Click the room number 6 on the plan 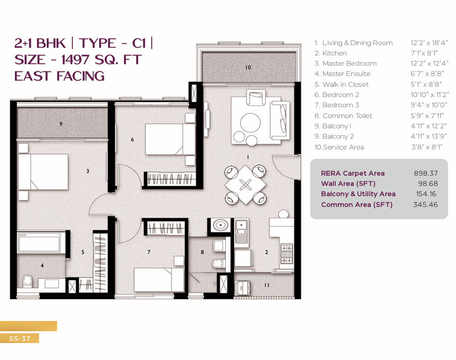pyautogui.click(x=132, y=140)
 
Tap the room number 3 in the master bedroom pyautogui.click(x=87, y=171)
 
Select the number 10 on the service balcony pyautogui.click(x=248, y=67)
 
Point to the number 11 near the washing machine pyautogui.click(x=267, y=285)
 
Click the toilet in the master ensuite pyautogui.click(x=27, y=281)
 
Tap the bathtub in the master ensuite pyautogui.click(x=41, y=242)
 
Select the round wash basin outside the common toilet pyautogui.click(x=220, y=225)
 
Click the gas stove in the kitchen pyautogui.click(x=287, y=254)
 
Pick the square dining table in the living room pyautogui.click(x=245, y=184)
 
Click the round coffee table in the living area pyautogui.click(x=250, y=122)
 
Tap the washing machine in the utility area pyautogui.click(x=242, y=288)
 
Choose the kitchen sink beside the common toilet pyautogui.click(x=241, y=232)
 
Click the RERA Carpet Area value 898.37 pyautogui.click(x=426, y=173)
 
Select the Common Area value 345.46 pyautogui.click(x=426, y=204)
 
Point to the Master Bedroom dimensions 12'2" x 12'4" pyautogui.click(x=429, y=63)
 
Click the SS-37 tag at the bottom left pyautogui.click(x=20, y=338)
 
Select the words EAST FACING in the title pyautogui.click(x=60, y=76)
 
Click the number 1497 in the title pyautogui.click(x=75, y=60)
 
